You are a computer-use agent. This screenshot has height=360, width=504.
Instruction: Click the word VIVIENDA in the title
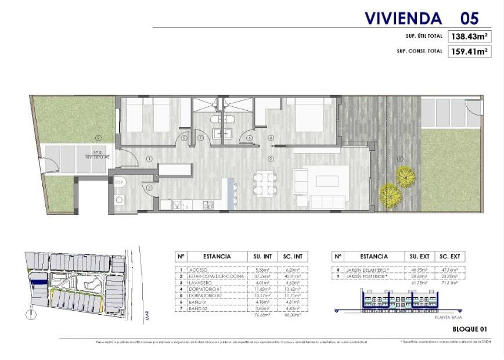403,18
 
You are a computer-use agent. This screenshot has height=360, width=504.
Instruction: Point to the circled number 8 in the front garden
399,159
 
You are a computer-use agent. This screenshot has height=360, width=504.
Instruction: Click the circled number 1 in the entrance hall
149,159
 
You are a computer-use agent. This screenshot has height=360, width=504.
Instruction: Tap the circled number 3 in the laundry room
149,188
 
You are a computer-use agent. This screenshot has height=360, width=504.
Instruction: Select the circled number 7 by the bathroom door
201,138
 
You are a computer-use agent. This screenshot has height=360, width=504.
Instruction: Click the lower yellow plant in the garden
390,194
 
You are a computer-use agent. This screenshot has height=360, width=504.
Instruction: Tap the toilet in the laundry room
120,181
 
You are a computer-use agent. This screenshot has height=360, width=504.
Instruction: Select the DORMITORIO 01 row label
206,289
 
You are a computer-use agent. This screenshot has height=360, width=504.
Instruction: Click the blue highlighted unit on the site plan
39,282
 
